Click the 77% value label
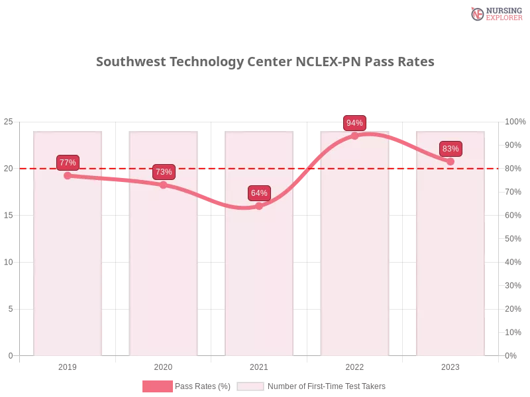68,162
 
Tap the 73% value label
164,172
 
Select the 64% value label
259,193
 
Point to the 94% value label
354,123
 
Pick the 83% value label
450,149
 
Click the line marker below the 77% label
68,175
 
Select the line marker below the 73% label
164,185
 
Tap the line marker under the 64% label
259,206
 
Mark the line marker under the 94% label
354,136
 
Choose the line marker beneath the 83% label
450,161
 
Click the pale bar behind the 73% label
164,278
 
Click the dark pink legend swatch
157,386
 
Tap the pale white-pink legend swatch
250,386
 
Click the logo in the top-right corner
495,13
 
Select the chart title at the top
265,62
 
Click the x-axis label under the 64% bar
259,365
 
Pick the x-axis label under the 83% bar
450,365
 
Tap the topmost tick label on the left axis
9,122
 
